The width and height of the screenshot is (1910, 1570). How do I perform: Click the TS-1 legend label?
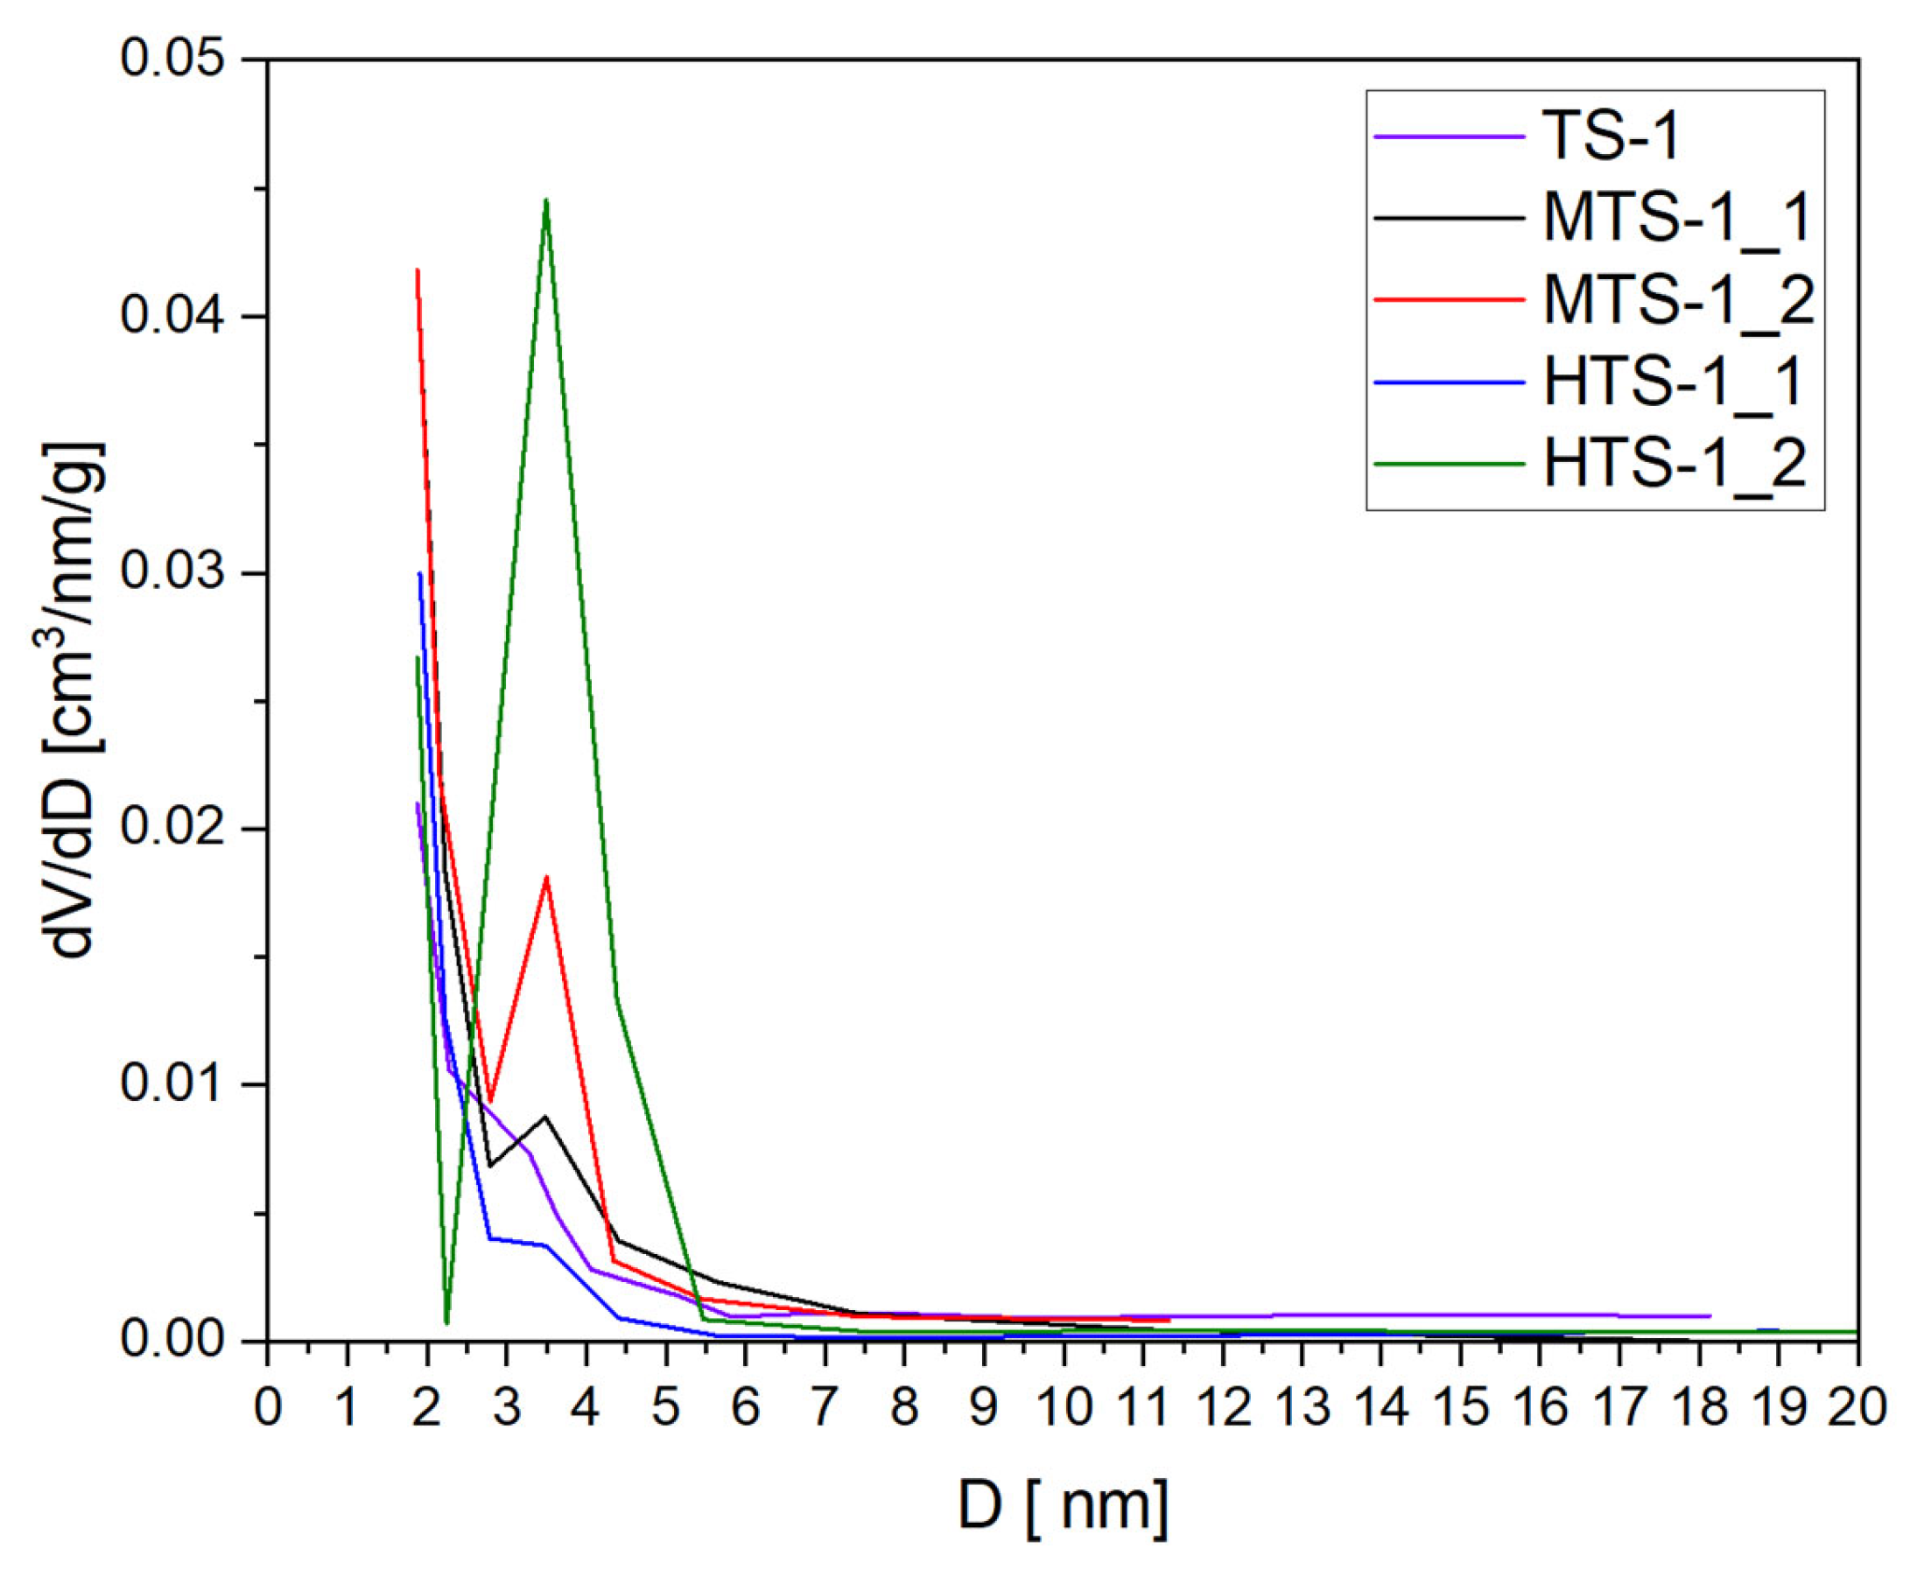tap(1610, 137)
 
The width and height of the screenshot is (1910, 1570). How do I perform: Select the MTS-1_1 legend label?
tap(1675, 218)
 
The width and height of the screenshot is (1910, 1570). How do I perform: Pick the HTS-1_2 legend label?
tap(1674, 464)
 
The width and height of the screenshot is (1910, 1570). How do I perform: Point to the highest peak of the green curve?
tap(546, 200)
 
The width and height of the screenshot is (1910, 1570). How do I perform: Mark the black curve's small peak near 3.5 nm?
tap(545, 1116)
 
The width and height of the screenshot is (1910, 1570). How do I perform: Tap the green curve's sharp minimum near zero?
tap(446, 1323)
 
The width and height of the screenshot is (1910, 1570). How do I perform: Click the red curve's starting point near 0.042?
tap(417, 270)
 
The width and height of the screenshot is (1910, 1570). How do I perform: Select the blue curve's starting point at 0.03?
tap(419, 573)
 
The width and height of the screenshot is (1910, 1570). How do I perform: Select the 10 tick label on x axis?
tap(1063, 1407)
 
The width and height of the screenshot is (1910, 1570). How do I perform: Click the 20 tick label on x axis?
tap(1856, 1407)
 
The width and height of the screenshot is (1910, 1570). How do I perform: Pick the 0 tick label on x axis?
tap(268, 1407)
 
